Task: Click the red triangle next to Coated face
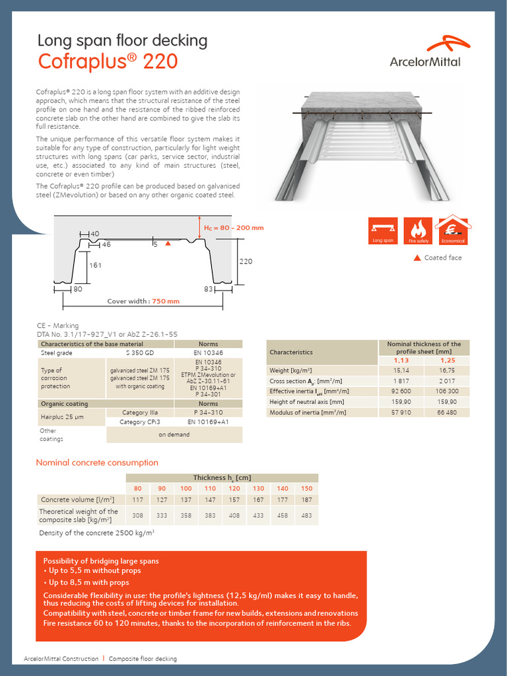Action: (417, 257)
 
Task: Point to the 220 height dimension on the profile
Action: (245, 261)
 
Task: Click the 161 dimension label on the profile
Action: (95, 265)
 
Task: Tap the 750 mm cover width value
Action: (166, 301)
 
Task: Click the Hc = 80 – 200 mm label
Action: (233, 228)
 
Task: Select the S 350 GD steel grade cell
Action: (139, 353)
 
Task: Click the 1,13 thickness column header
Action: (401, 360)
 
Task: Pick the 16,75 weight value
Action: (448, 370)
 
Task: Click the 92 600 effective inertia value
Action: (401, 391)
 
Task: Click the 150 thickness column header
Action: (306, 488)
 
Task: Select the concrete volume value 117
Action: (138, 499)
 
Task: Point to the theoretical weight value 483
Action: (306, 515)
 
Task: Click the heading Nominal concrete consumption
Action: (97, 463)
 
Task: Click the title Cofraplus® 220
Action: (108, 61)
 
